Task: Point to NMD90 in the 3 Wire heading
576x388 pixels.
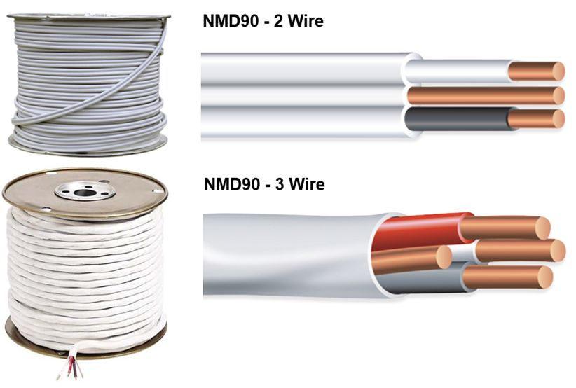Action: click(230, 185)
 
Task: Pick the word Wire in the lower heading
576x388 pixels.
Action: click(308, 185)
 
